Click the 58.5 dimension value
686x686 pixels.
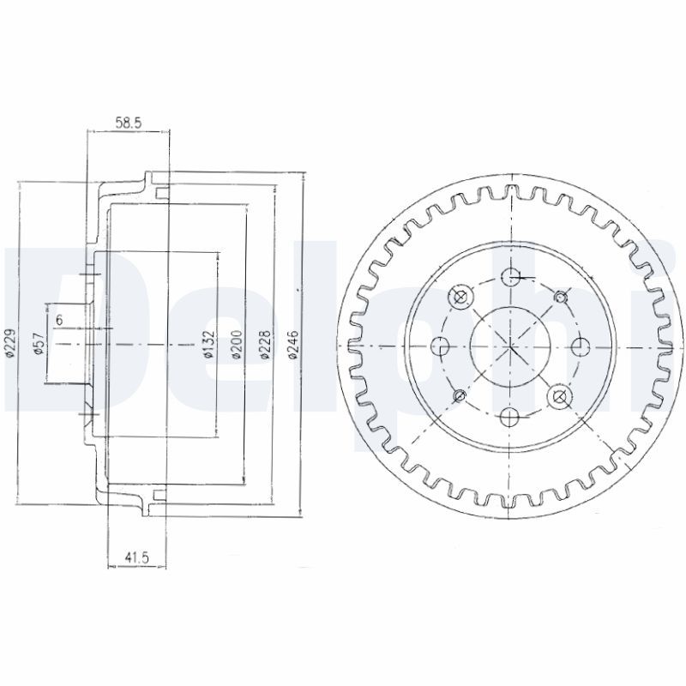click(x=129, y=123)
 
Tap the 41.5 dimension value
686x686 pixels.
click(x=137, y=557)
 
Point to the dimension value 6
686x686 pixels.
click(x=59, y=320)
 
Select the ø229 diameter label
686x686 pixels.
click(x=11, y=344)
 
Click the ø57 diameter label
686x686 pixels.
click(x=39, y=344)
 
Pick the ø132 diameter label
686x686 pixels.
click(x=209, y=345)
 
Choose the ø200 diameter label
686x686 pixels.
click(x=237, y=345)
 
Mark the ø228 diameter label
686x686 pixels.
click(x=266, y=345)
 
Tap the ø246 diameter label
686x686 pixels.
click(x=292, y=345)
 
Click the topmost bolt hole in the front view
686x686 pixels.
click(x=510, y=276)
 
